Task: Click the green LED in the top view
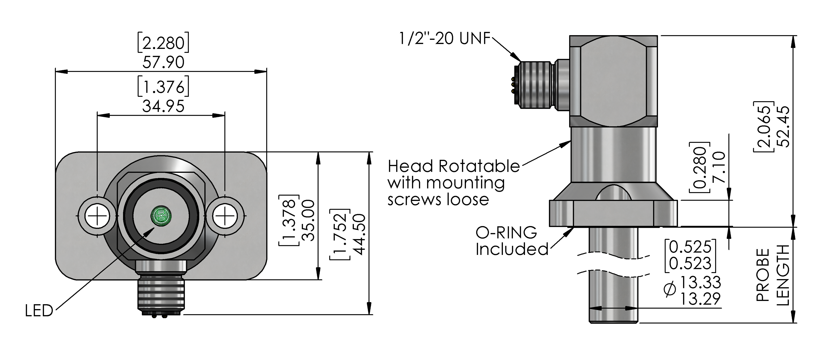point(161,216)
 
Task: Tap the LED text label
point(39,311)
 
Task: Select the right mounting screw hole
point(225,216)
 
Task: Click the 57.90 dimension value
point(163,62)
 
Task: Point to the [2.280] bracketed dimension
point(163,42)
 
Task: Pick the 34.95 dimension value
point(163,106)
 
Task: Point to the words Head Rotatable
point(454,166)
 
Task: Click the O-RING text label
point(506,233)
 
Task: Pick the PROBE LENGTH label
point(773,275)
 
